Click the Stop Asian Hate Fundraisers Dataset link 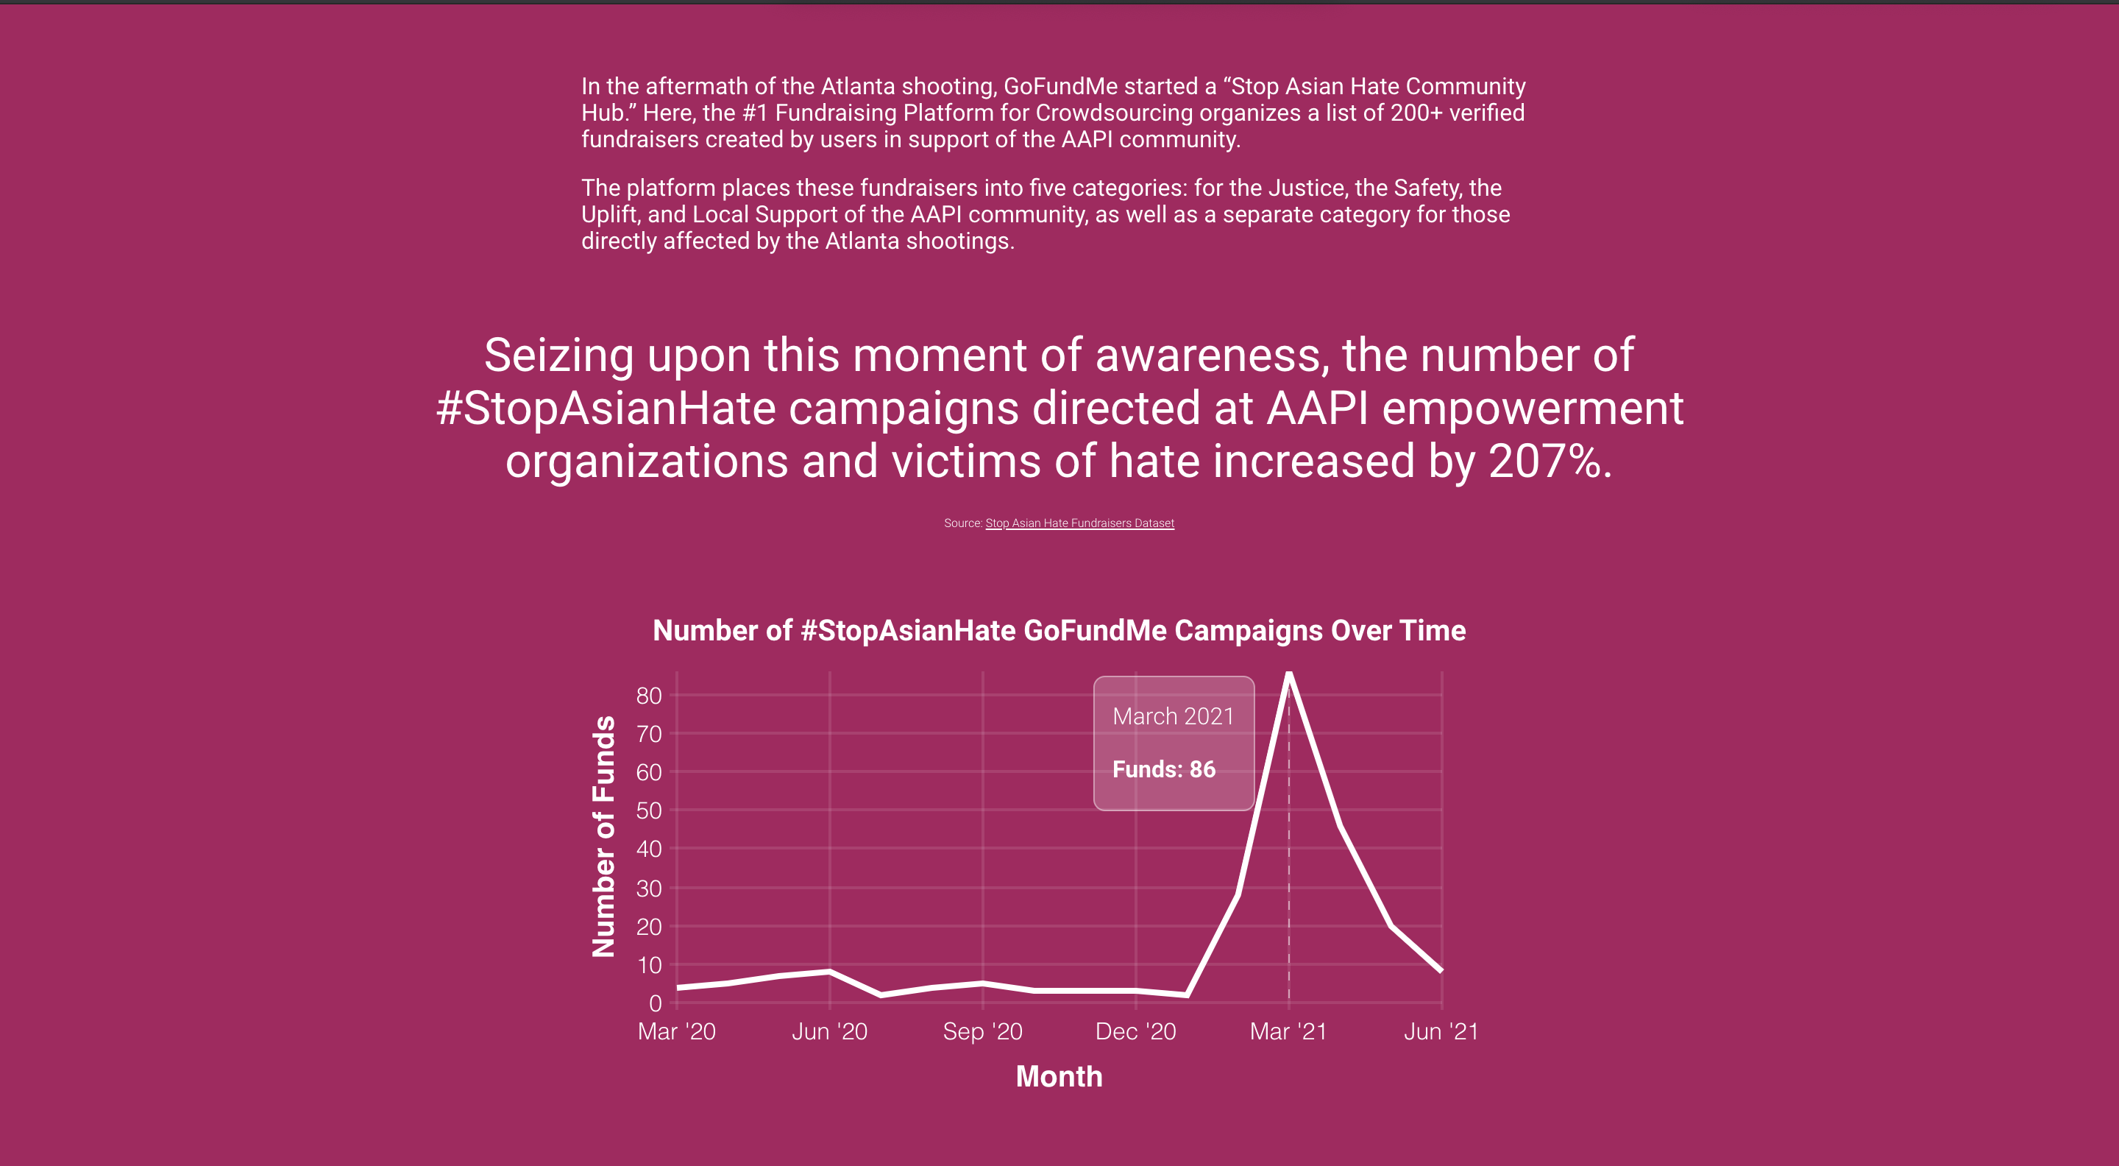point(1079,523)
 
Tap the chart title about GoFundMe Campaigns point(1059,630)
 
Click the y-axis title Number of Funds point(604,836)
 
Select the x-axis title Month point(1059,1076)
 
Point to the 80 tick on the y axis point(649,696)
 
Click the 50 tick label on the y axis point(649,811)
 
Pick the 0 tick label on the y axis point(656,1003)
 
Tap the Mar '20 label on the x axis point(676,1032)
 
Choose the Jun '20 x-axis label point(829,1032)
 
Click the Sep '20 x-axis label point(982,1032)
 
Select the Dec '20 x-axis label point(1135,1032)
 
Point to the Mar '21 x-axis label point(1288,1032)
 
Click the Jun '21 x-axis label point(1441,1032)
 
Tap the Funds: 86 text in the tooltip point(1163,769)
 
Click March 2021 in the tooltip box point(1173,717)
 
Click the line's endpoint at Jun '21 point(1441,971)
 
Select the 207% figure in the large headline point(1543,462)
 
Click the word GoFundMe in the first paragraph point(1060,86)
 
